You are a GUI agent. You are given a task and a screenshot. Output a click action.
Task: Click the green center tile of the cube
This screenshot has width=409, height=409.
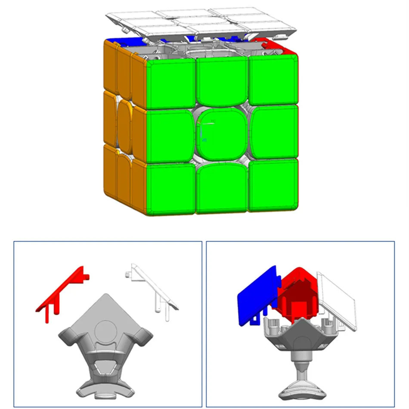[222, 134]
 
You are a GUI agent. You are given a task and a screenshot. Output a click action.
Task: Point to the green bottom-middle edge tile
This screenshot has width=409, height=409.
[222, 188]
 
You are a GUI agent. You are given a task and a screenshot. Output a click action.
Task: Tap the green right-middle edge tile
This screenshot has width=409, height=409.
[274, 133]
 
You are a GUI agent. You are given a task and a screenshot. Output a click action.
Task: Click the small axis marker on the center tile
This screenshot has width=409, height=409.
[206, 130]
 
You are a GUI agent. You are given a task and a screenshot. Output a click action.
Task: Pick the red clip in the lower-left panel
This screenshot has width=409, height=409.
[60, 293]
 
